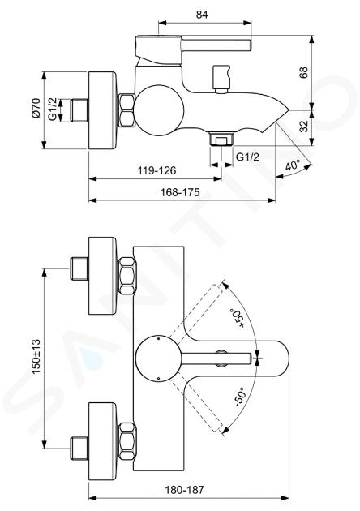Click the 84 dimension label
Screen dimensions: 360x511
pos(202,15)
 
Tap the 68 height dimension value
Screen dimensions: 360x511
pos(303,73)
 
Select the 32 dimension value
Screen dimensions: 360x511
pos(303,127)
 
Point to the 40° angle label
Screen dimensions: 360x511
pos(293,165)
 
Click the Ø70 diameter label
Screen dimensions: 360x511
pos(36,108)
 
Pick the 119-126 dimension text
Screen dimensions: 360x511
pos(156,170)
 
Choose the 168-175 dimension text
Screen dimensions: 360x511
pos(180,192)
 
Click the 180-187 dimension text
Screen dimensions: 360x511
pos(184,489)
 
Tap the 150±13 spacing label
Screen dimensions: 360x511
pos(36,357)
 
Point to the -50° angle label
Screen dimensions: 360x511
pos(239,397)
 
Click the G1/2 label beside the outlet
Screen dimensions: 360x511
pos(247,157)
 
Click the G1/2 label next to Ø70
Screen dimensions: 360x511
pos(53,109)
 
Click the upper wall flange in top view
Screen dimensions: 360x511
pos(103,276)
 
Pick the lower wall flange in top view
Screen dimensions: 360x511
pos(103,441)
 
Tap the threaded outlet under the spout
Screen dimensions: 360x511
pos(222,139)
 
